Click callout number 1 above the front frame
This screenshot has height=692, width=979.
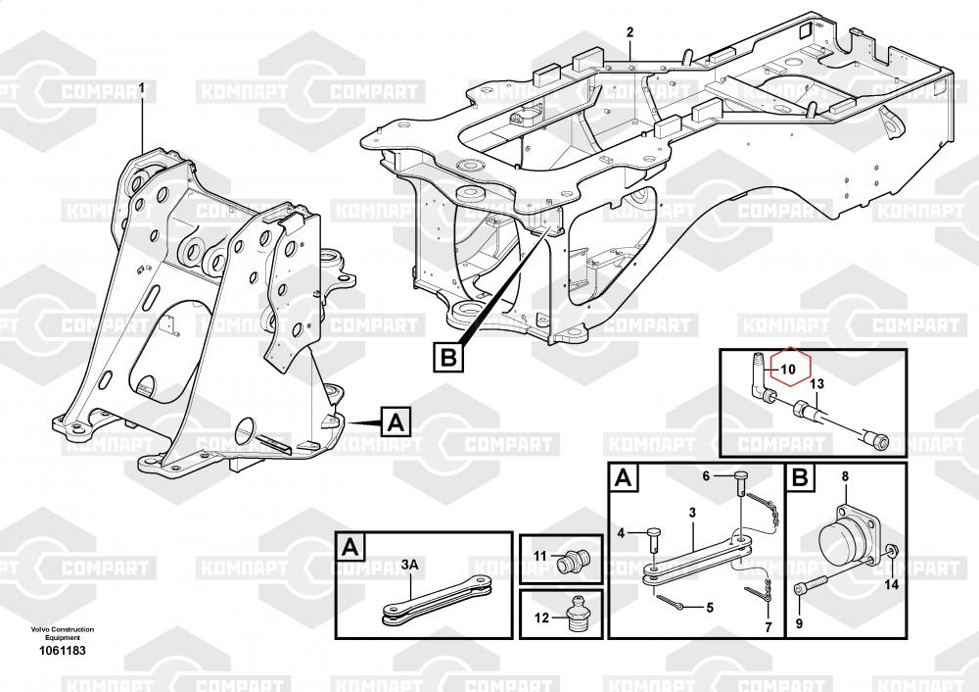coord(142,88)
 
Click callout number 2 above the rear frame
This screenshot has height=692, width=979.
coord(629,32)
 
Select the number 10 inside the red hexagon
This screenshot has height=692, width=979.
coord(788,370)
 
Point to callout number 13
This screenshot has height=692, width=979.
coord(816,384)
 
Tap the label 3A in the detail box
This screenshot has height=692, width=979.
coord(409,566)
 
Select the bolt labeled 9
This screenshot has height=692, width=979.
coord(810,584)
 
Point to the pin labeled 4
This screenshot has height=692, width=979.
coord(653,537)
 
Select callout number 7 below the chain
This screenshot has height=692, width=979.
coord(769,627)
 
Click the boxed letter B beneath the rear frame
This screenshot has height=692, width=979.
coord(448,357)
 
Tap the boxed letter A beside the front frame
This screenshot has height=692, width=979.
coord(396,422)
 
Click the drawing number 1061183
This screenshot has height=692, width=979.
coord(63,650)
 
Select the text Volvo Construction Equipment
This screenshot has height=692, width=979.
coord(63,633)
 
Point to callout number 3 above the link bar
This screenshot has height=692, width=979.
coord(692,514)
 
